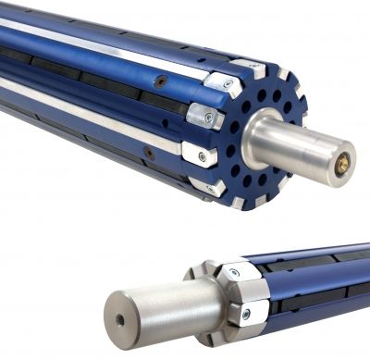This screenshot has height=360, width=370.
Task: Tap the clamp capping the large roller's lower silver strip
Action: coord(198,154)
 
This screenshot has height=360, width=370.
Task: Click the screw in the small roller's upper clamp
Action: coord(233,274)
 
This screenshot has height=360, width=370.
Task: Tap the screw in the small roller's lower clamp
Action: coord(244,314)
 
